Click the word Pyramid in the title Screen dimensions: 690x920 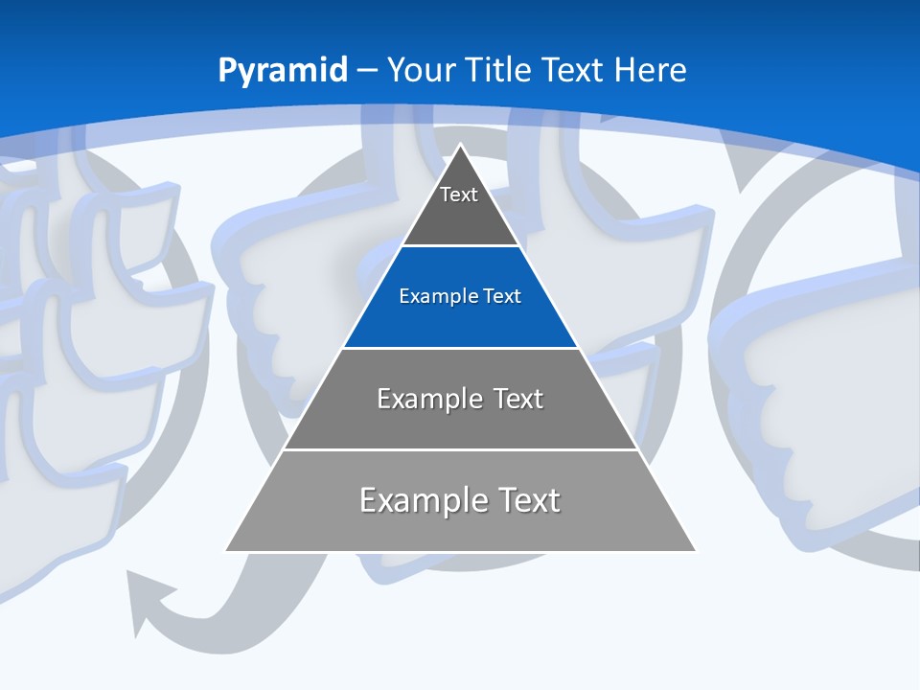coord(282,71)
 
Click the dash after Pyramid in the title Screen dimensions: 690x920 coord(366,71)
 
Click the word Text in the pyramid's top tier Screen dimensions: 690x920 coord(459,195)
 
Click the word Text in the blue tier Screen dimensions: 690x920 coord(502,296)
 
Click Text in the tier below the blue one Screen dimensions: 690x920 coord(518,399)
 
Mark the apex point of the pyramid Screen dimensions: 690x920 coord(461,146)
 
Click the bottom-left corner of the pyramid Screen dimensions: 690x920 coord(226,550)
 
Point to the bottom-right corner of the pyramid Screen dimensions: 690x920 coord(695,550)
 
